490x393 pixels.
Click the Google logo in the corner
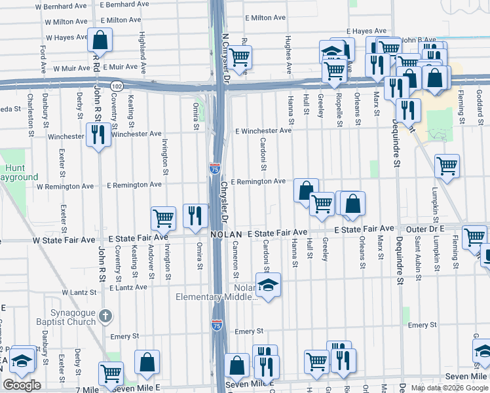tap(22, 385)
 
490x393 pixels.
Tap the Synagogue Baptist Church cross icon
tap(104, 318)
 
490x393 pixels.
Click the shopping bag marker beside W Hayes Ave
tap(100, 41)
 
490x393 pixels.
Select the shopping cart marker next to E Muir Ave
tap(240, 58)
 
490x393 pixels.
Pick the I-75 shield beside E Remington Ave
tap(215, 168)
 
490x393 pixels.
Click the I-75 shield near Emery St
tap(216, 324)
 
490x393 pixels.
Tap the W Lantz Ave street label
tap(83, 292)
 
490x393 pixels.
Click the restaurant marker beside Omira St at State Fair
tap(195, 215)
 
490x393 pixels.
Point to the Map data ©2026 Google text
tap(449, 388)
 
